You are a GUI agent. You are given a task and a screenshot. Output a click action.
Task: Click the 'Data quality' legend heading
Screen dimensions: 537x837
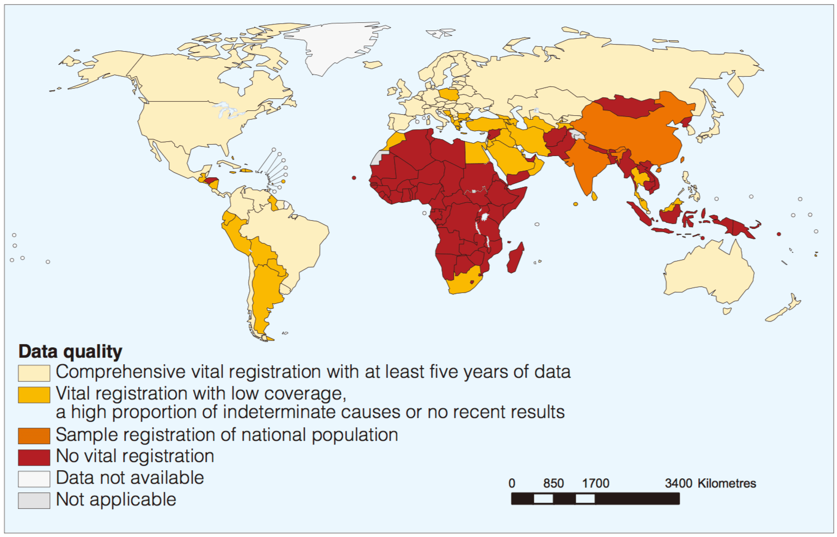pyautogui.click(x=70, y=352)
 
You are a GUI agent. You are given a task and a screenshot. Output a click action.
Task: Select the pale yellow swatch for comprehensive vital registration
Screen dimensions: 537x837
pyautogui.click(x=34, y=372)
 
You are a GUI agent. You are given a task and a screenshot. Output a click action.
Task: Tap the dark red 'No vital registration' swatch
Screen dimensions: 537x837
pyautogui.click(x=34, y=457)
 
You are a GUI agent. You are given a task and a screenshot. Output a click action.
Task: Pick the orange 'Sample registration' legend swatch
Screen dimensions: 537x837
pyautogui.click(x=34, y=435)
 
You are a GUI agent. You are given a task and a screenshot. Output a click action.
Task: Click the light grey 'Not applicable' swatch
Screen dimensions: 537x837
pyautogui.click(x=34, y=500)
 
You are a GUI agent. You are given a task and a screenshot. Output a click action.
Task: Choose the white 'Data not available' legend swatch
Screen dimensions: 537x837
pyautogui.click(x=34, y=478)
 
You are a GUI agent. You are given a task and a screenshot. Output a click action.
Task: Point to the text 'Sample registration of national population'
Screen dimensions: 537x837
pyautogui.click(x=227, y=435)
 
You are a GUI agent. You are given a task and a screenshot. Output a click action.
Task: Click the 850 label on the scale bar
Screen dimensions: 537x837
pyautogui.click(x=553, y=483)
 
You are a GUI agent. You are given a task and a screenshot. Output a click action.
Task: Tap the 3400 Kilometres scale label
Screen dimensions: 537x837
pyautogui.click(x=710, y=483)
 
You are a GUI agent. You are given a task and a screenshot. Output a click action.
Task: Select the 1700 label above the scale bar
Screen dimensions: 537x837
pyautogui.click(x=595, y=483)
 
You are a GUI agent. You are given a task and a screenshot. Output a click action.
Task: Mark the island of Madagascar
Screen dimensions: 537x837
pyautogui.click(x=515, y=258)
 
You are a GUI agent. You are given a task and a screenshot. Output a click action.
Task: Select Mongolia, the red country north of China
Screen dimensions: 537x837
pyautogui.click(x=626, y=107)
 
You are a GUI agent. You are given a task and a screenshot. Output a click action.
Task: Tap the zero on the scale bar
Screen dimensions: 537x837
pyautogui.click(x=512, y=483)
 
